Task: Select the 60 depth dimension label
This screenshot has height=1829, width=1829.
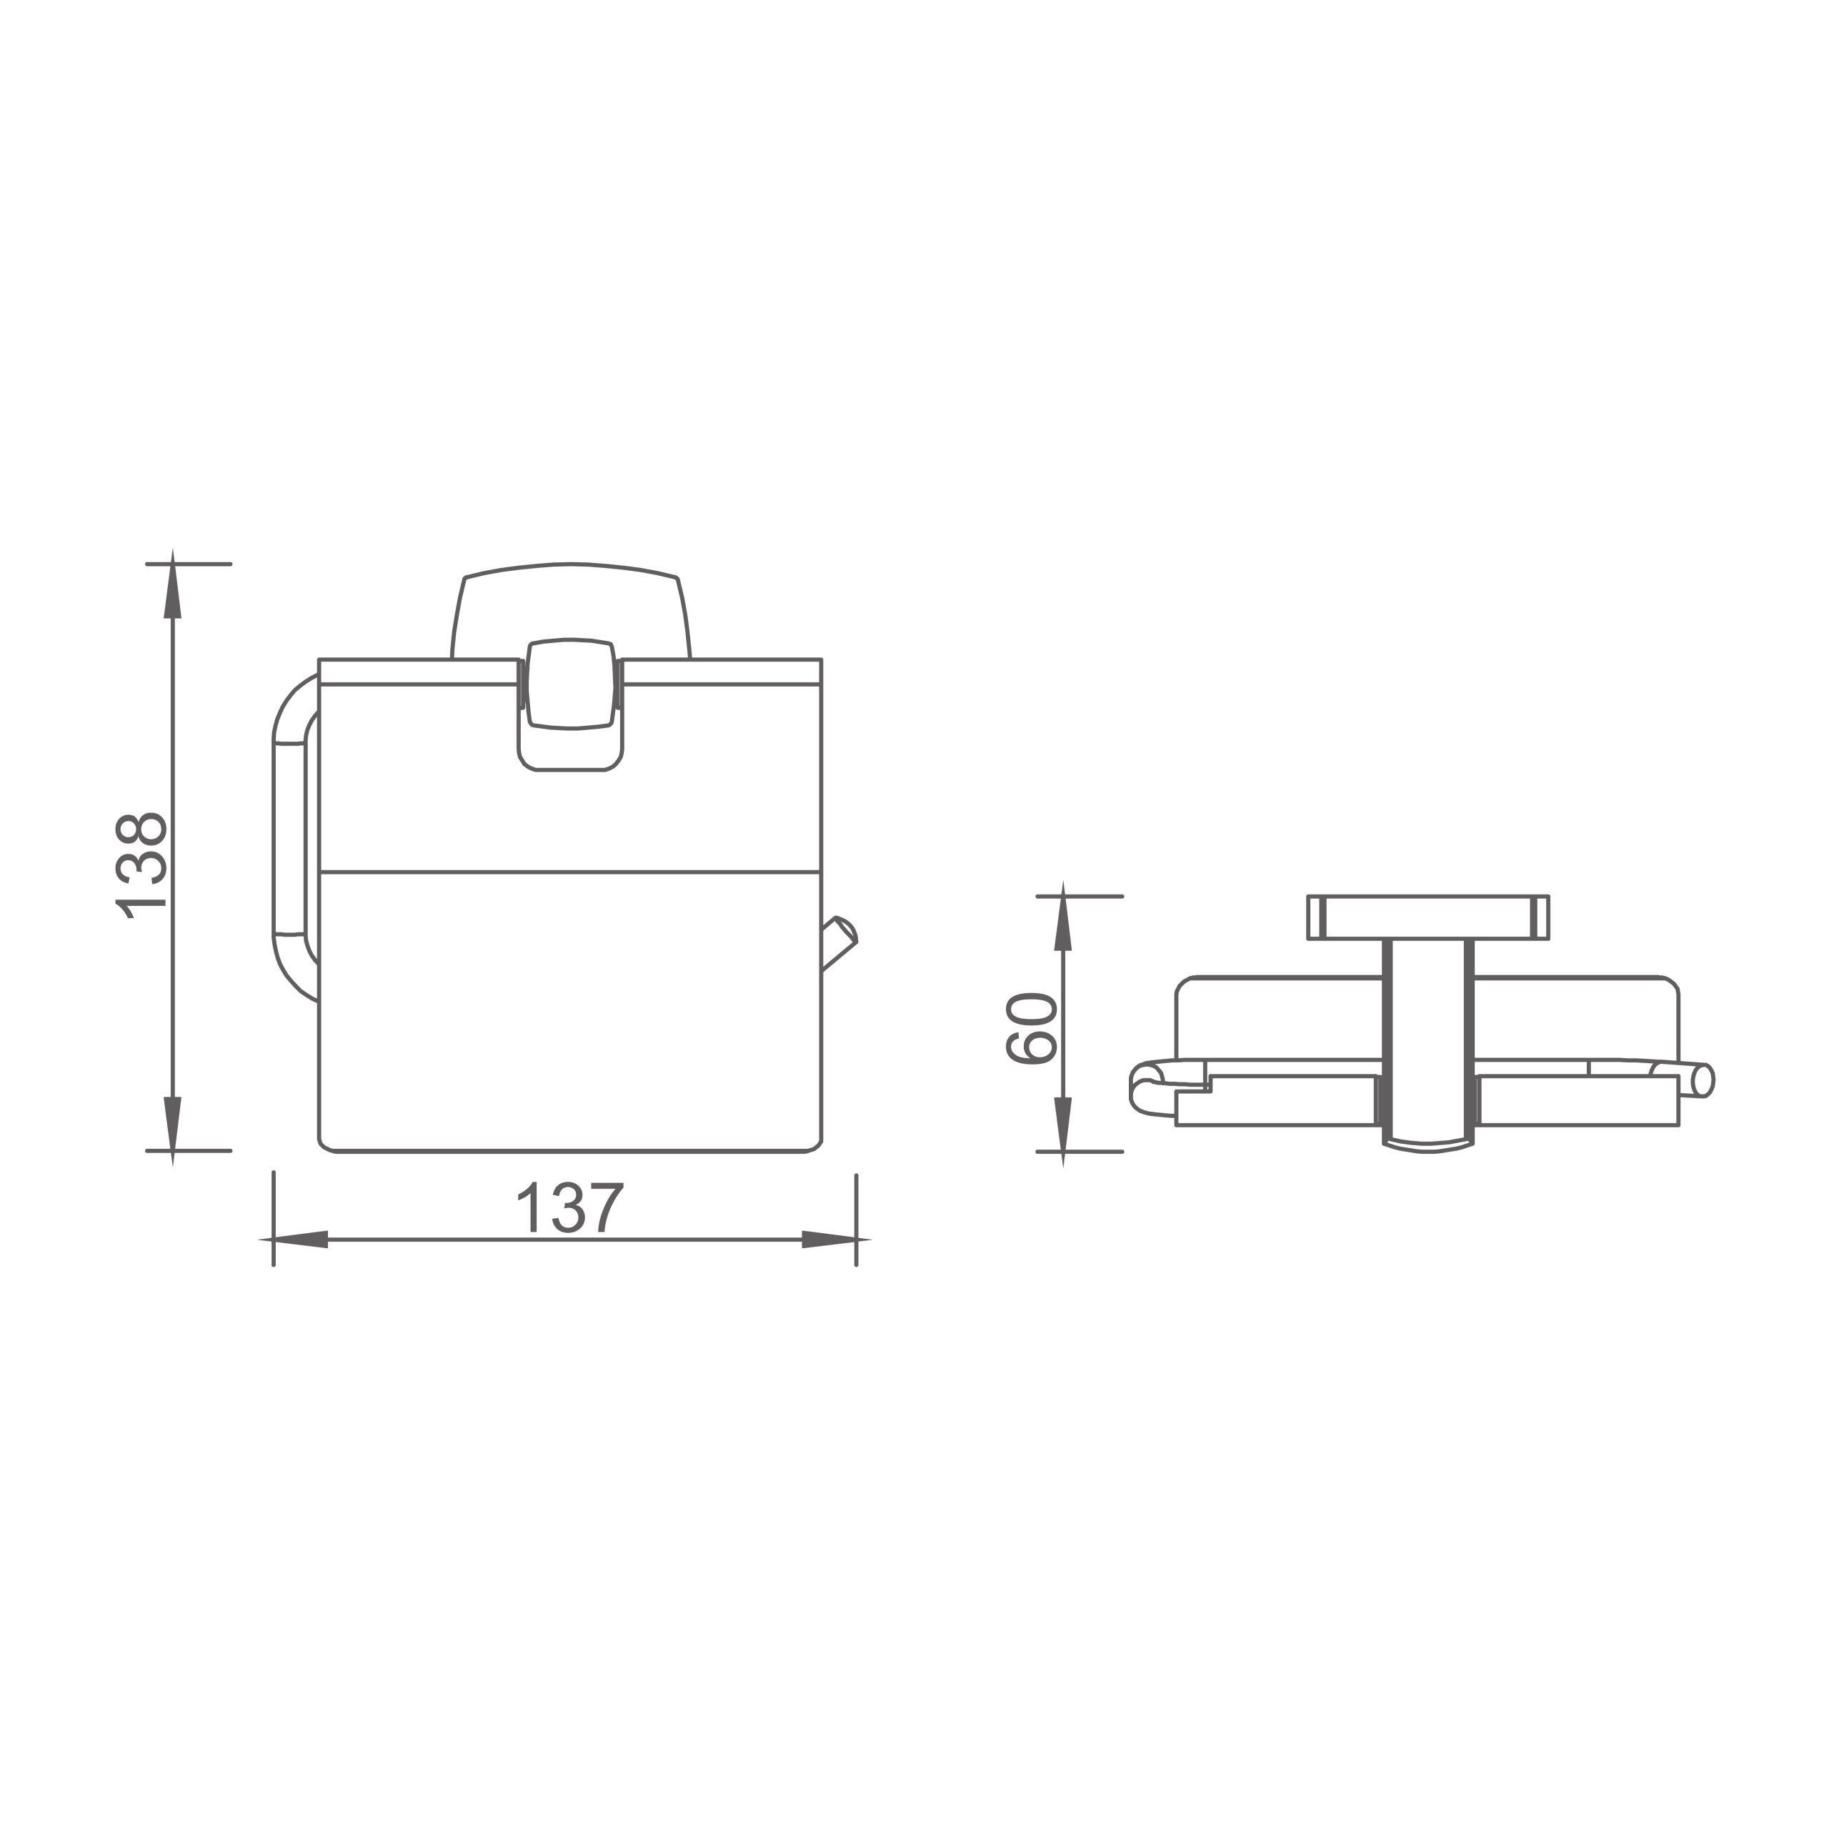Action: coord(1031,1029)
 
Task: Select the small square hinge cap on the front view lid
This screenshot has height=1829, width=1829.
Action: coord(571,684)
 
